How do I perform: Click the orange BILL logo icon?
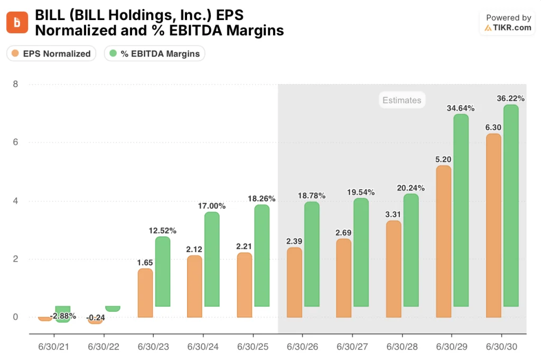[x=17, y=22]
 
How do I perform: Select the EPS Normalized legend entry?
[x=52, y=53]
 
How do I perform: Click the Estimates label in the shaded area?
[x=402, y=100]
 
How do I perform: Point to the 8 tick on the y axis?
[x=15, y=84]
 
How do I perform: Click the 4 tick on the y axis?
[x=15, y=201]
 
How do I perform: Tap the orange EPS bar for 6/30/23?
[x=145, y=293]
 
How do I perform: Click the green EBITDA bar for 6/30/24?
[x=212, y=259]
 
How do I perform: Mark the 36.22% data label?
[x=510, y=98]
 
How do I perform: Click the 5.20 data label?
[x=443, y=159]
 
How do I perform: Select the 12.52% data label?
[x=163, y=230]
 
